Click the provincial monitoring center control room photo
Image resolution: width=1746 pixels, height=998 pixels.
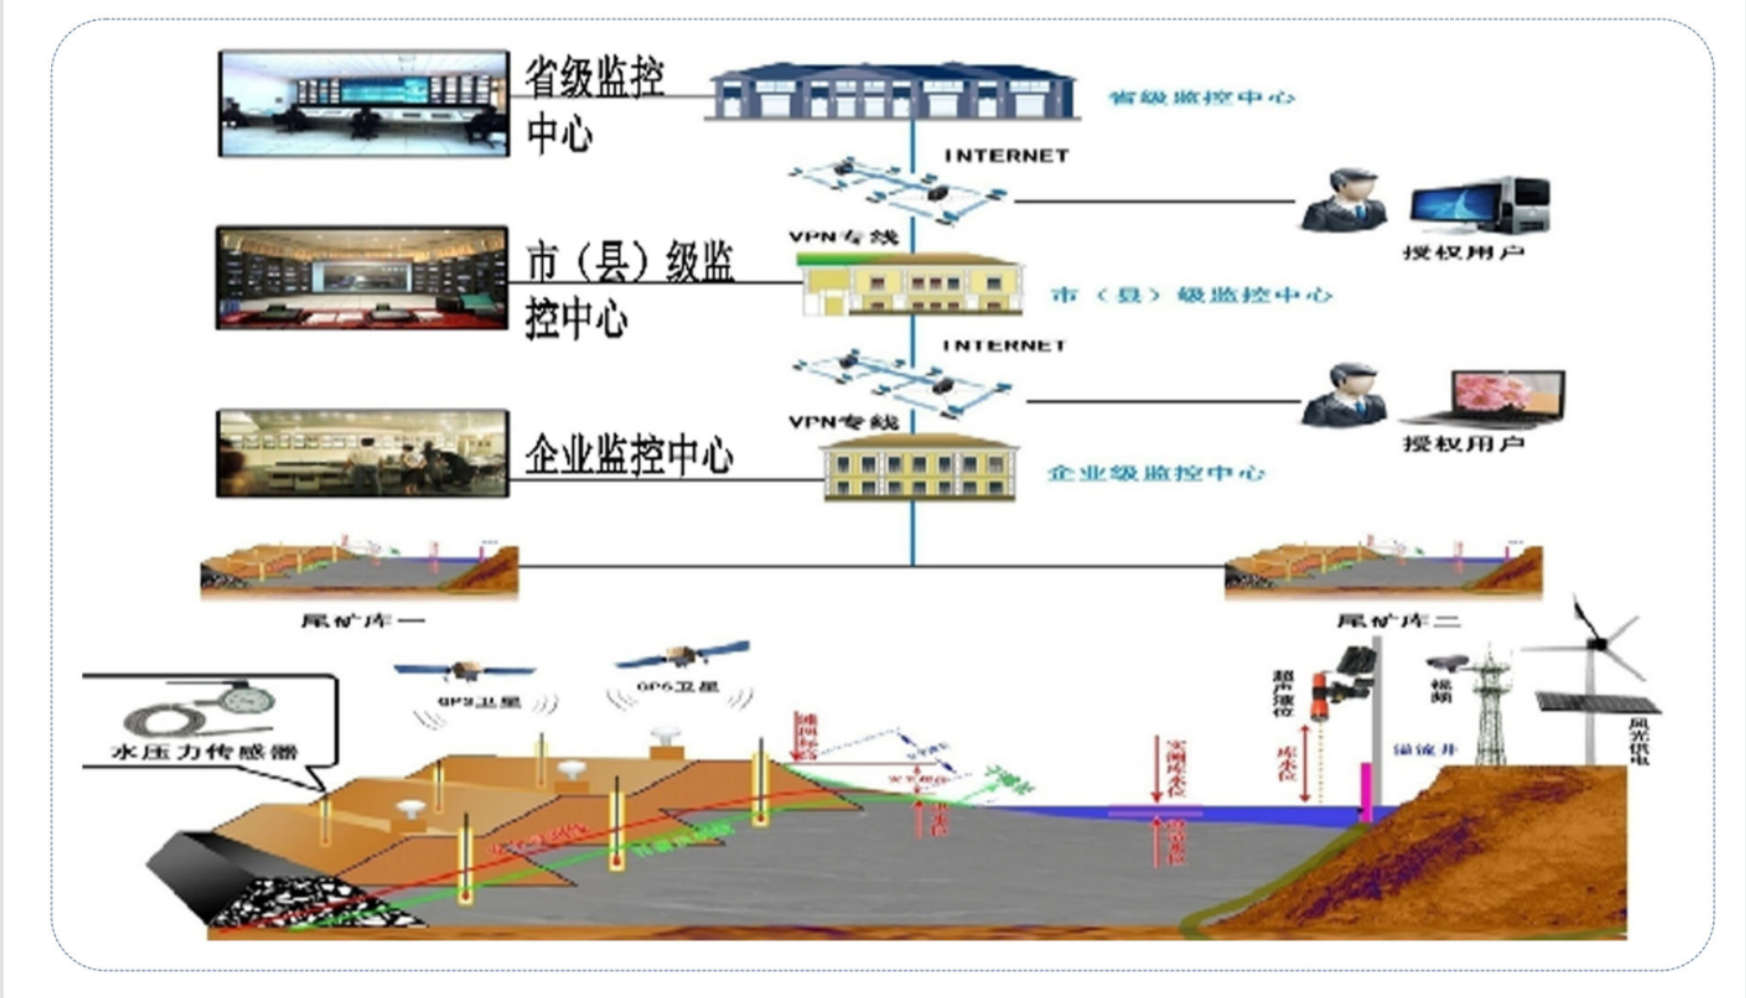[364, 103]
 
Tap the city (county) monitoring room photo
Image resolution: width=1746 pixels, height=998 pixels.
[362, 278]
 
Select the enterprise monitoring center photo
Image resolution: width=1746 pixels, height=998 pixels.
[362, 453]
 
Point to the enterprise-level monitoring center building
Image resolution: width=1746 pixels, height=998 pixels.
[919, 468]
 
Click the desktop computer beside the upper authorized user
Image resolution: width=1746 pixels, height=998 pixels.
[1481, 206]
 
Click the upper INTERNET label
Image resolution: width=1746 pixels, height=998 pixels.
[1006, 156]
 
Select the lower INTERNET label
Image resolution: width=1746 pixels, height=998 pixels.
[1004, 346]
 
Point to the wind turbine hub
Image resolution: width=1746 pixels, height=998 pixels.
[1598, 644]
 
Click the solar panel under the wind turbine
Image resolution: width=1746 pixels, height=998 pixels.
[1597, 703]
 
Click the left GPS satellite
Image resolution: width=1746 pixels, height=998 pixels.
[465, 670]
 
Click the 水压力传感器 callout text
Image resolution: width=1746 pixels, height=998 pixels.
[204, 753]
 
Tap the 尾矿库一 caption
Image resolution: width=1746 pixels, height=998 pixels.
[362, 621]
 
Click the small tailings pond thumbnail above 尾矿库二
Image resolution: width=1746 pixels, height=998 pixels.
[1384, 571]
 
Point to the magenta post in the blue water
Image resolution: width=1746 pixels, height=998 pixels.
[1366, 792]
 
